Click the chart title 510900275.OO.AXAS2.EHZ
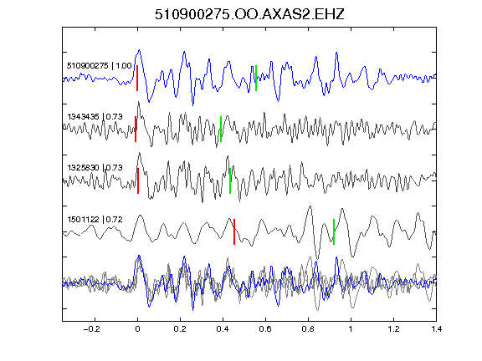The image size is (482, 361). (x=249, y=14)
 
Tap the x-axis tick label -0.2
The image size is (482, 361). (x=91, y=329)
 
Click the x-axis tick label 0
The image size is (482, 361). (x=137, y=329)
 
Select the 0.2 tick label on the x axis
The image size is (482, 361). (x=180, y=329)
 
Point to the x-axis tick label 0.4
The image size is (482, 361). (x=223, y=329)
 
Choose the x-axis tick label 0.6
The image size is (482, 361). (x=265, y=329)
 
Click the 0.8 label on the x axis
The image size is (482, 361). (x=308, y=329)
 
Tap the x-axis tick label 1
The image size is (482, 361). (x=351, y=329)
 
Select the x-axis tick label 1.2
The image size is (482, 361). (x=393, y=329)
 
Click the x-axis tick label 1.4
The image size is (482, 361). (x=436, y=329)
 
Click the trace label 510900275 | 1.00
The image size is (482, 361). (x=100, y=66)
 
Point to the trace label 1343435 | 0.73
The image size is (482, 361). (x=95, y=117)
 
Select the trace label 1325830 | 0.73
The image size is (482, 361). (x=95, y=168)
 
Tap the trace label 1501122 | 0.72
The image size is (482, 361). (x=95, y=220)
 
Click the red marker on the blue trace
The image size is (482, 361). (x=137, y=78)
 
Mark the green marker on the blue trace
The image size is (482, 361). (x=256, y=78)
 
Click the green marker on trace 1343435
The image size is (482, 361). (x=221, y=129)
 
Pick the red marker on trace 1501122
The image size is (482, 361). (x=234, y=231)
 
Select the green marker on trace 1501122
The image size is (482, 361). (x=334, y=231)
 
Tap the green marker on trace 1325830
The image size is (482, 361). (x=230, y=180)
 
